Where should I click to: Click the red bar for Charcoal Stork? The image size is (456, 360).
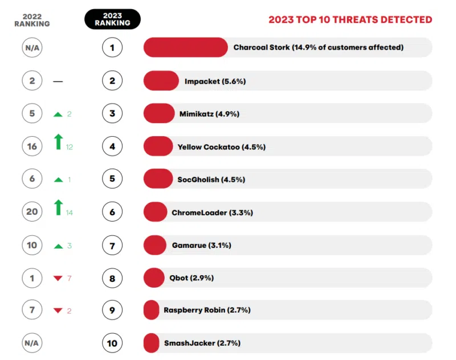(185, 47)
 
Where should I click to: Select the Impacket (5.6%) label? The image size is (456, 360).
(215, 81)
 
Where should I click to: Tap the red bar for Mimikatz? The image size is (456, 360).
(159, 113)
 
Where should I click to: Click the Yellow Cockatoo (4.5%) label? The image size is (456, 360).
(221, 147)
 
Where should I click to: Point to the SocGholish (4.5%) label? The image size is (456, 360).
(211, 179)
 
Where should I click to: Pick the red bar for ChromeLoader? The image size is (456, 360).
(155, 212)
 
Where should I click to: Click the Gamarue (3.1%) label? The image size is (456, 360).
(201, 246)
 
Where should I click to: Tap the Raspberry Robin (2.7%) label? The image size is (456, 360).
(207, 310)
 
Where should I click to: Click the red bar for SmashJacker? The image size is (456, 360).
(151, 343)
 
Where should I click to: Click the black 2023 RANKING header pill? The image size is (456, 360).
(112, 19)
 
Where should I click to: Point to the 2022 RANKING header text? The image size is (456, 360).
(32, 20)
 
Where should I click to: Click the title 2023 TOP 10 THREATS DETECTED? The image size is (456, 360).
(350, 20)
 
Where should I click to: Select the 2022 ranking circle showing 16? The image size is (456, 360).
(32, 146)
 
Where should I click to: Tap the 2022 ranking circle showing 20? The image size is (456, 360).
(32, 212)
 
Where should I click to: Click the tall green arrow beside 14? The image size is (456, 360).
(58, 207)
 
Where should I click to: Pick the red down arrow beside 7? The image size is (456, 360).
(57, 278)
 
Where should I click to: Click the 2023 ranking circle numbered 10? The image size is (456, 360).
(112, 343)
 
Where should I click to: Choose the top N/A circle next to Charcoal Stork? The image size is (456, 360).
(32, 48)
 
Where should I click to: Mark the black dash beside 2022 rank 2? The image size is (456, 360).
(58, 81)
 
